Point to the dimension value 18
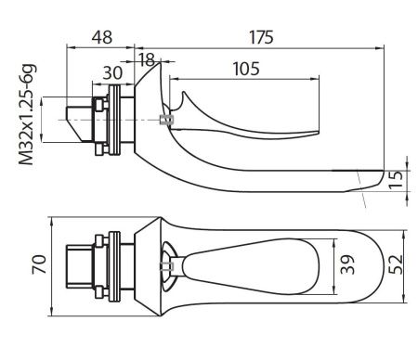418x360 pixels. (147, 58)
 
